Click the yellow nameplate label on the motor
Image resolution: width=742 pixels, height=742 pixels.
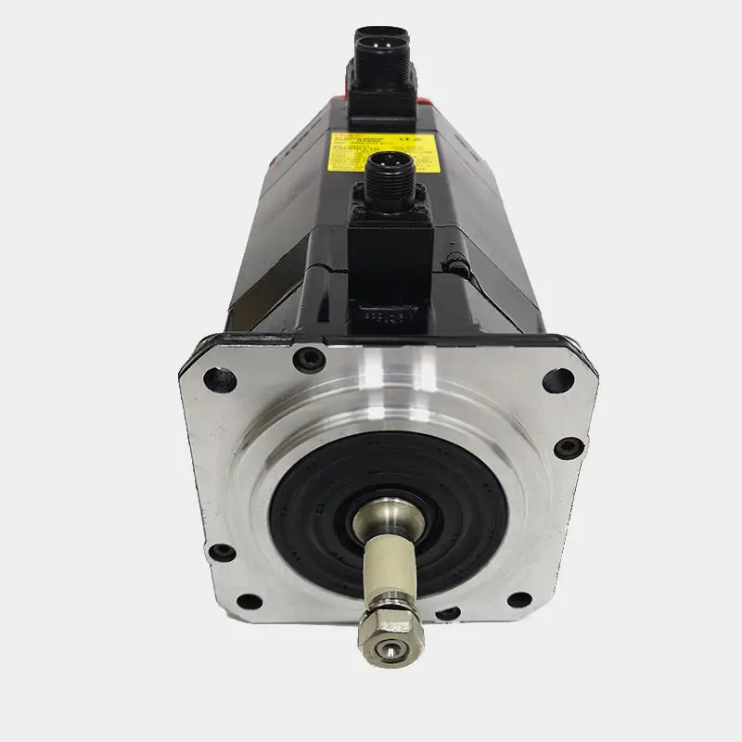(383, 152)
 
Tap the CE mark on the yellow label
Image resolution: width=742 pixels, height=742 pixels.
(412, 142)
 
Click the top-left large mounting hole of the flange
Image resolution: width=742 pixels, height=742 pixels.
(220, 377)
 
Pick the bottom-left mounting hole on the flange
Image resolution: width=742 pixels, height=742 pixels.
(222, 553)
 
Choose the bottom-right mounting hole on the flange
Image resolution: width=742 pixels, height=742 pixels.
(520, 599)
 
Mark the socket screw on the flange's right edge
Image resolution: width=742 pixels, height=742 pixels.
(568, 447)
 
